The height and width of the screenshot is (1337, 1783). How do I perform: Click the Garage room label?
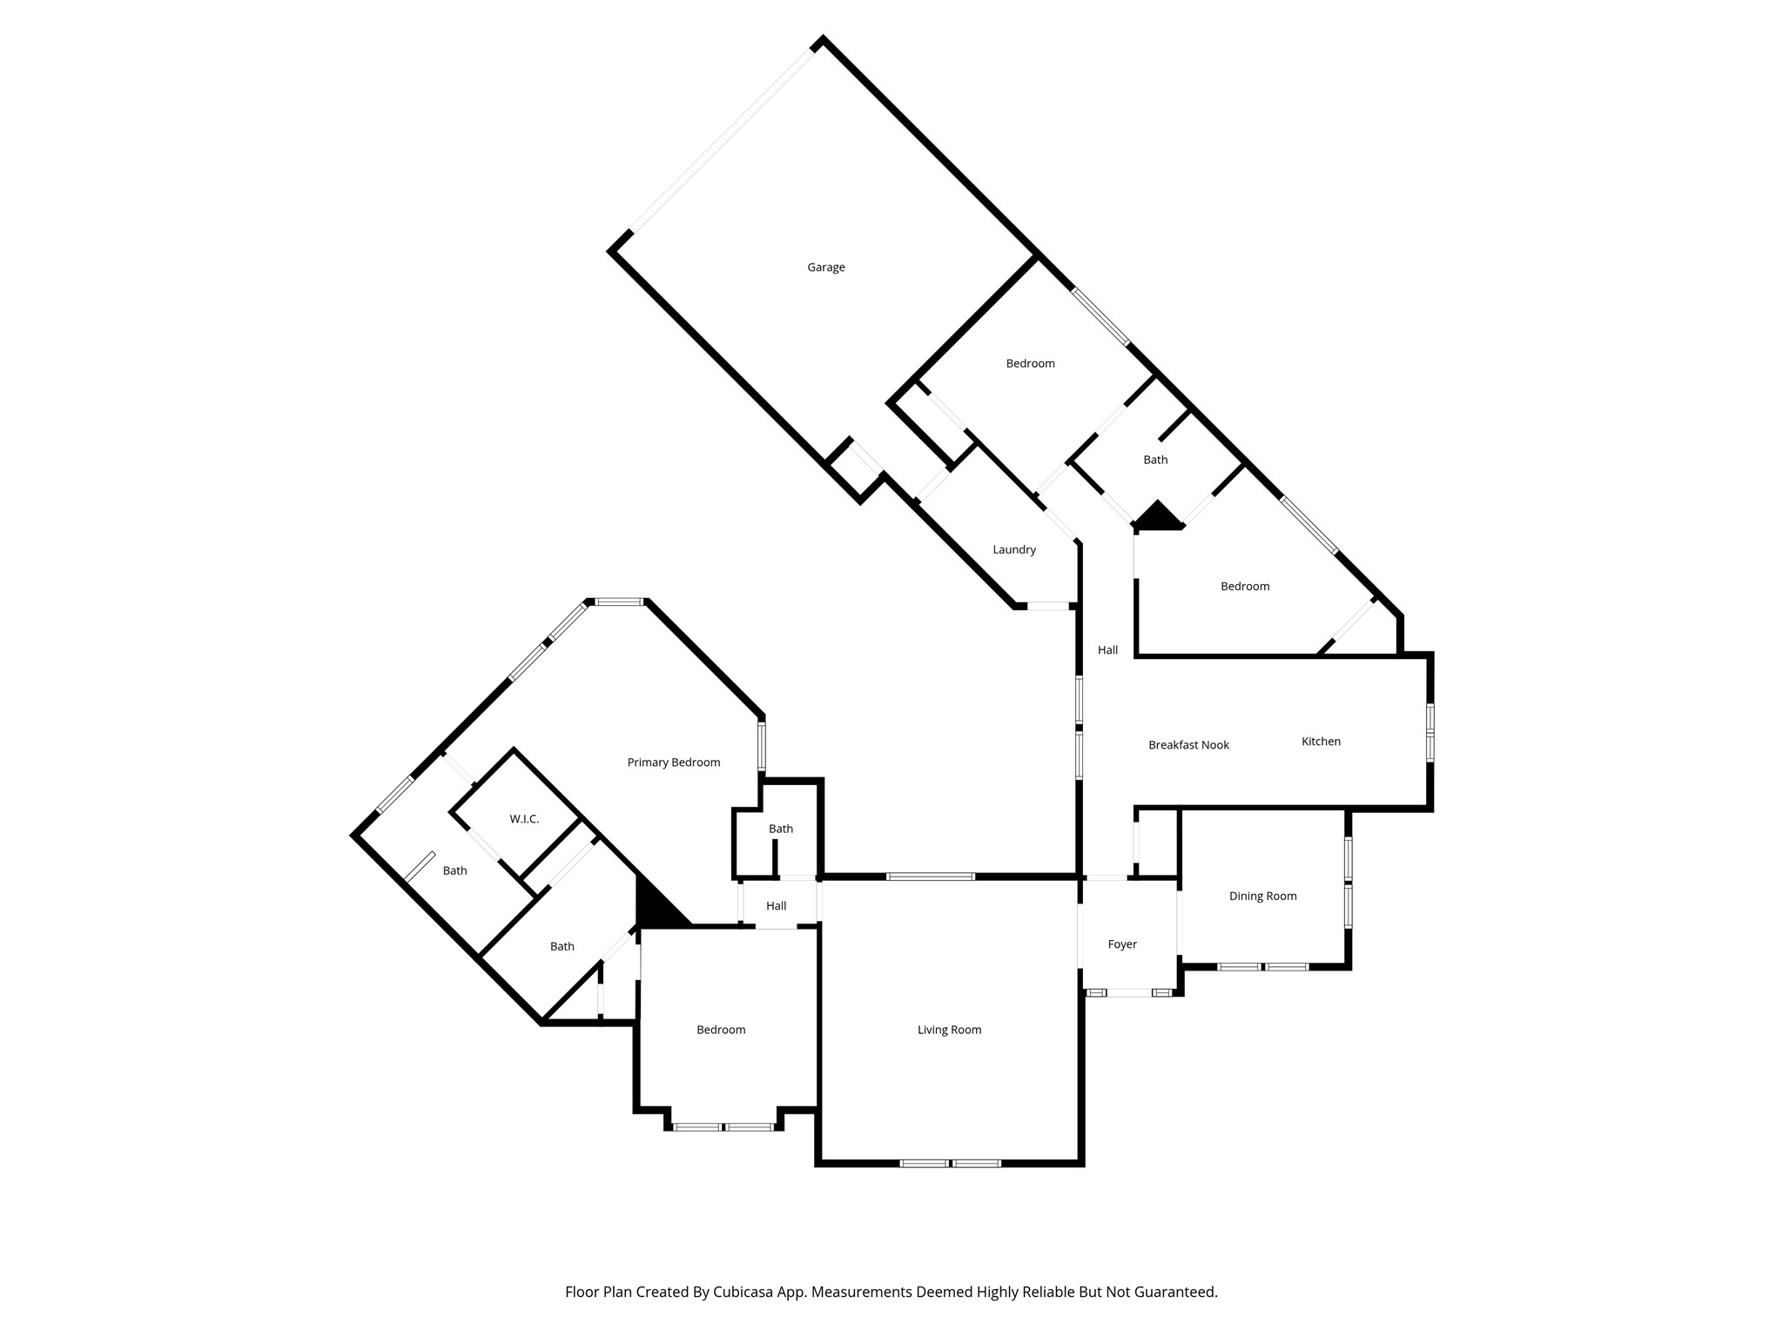coord(825,267)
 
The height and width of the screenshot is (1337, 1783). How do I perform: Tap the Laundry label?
coord(1014,549)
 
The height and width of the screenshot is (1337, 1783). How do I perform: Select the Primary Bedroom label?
coord(673,763)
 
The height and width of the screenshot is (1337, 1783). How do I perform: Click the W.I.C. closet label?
coord(524,819)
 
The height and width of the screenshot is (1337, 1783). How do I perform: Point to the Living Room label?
coord(949,1030)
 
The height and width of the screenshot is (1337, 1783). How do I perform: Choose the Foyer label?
coord(1122,944)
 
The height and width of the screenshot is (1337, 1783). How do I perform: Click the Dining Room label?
coord(1262,896)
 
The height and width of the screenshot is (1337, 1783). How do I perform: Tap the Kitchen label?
coord(1321,742)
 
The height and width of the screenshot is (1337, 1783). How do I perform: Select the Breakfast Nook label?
coord(1188,745)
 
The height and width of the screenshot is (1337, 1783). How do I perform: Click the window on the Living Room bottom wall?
coord(950,1163)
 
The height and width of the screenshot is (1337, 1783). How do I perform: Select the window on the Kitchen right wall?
coord(1430,733)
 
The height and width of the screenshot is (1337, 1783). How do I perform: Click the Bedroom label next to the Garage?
coord(1030,363)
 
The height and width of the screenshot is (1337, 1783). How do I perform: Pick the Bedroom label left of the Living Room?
coord(721,1030)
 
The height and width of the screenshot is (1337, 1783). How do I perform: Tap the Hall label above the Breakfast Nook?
coord(1107,650)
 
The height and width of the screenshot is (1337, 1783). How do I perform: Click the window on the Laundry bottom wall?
coord(1047,605)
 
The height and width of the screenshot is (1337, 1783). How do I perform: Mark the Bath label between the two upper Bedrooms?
coord(1155,460)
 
